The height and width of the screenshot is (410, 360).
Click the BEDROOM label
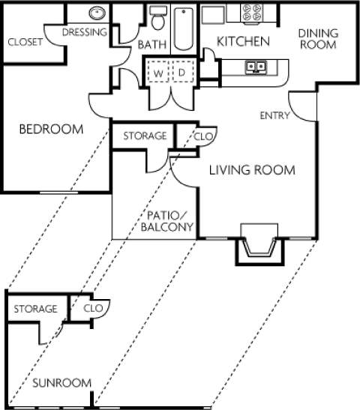(x=50, y=129)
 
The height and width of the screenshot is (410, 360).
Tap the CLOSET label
(x=25, y=42)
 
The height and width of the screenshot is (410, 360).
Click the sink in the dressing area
(x=97, y=13)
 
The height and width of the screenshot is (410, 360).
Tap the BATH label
(x=151, y=46)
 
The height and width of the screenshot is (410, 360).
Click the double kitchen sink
(x=256, y=67)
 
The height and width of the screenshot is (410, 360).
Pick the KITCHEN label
(x=243, y=42)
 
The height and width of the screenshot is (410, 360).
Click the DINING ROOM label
(x=318, y=38)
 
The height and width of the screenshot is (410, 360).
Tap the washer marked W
(x=159, y=73)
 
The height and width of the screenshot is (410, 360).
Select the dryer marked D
(x=181, y=73)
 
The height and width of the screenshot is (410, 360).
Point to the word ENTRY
(x=274, y=115)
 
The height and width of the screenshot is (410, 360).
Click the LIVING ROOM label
(x=251, y=170)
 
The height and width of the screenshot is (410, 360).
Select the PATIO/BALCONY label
(x=167, y=220)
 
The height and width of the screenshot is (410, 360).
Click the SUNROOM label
(x=61, y=383)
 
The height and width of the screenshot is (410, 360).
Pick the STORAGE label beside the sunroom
(x=35, y=309)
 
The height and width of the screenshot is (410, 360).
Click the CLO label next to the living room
(x=202, y=136)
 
